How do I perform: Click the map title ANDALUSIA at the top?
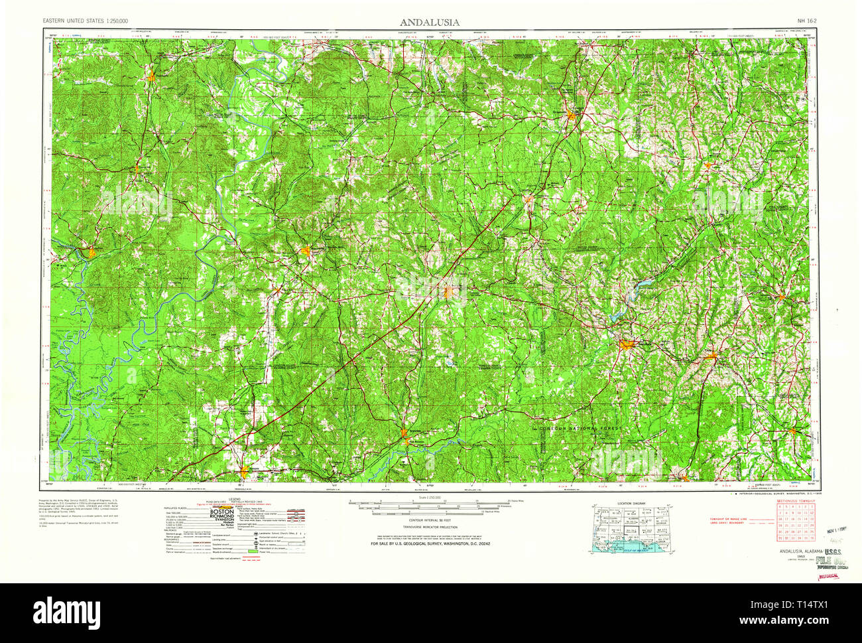point(429,22)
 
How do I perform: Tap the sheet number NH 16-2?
point(806,21)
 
